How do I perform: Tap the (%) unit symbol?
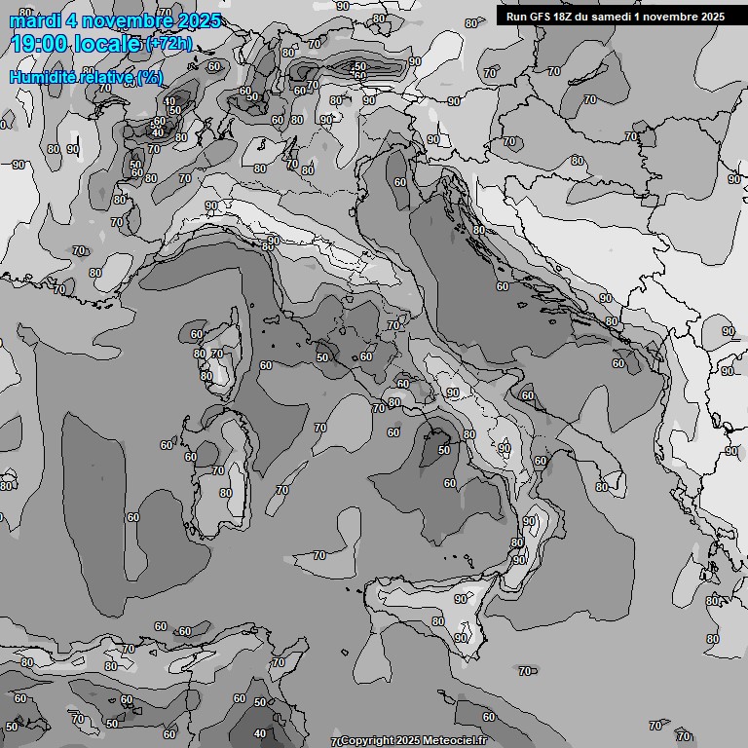(x=150, y=77)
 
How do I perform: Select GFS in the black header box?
(x=544, y=17)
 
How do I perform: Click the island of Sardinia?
(x=210, y=467)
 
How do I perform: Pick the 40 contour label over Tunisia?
(x=259, y=733)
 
